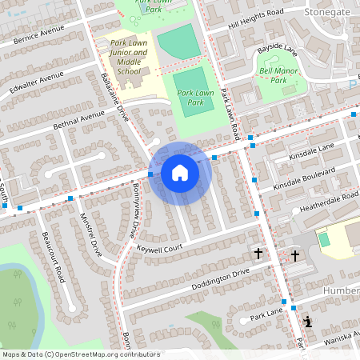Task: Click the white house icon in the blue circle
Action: (x=179, y=173)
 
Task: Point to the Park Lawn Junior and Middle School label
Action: (x=129, y=58)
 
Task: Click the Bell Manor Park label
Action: (x=273, y=75)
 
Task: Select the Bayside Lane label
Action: (x=276, y=50)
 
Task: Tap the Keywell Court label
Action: (x=159, y=249)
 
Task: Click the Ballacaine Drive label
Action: (x=115, y=97)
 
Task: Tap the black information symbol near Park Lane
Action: (x=309, y=322)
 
